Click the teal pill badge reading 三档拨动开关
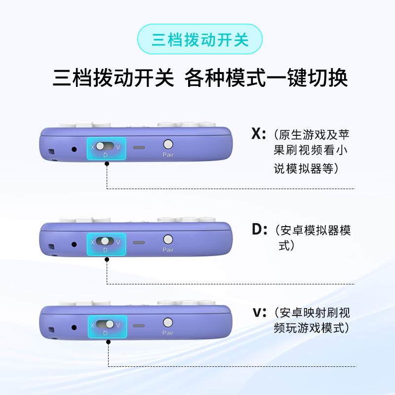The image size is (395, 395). coord(199,39)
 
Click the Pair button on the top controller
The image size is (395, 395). coord(168,145)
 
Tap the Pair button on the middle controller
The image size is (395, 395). coord(168,239)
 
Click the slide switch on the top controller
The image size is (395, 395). coord(105,146)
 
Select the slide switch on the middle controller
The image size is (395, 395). coord(105,241)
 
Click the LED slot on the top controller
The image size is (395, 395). coord(139,148)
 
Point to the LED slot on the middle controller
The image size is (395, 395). coord(139,243)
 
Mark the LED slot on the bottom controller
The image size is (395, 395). coord(139,326)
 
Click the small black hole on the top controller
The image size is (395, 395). coord(75,149)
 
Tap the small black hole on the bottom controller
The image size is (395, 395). coord(75,327)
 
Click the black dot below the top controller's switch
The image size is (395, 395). coord(107,165)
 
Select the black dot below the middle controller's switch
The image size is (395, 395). coord(107,260)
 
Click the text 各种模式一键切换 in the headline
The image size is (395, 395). coord(266,78)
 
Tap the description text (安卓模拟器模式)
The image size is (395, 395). coord(311,237)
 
